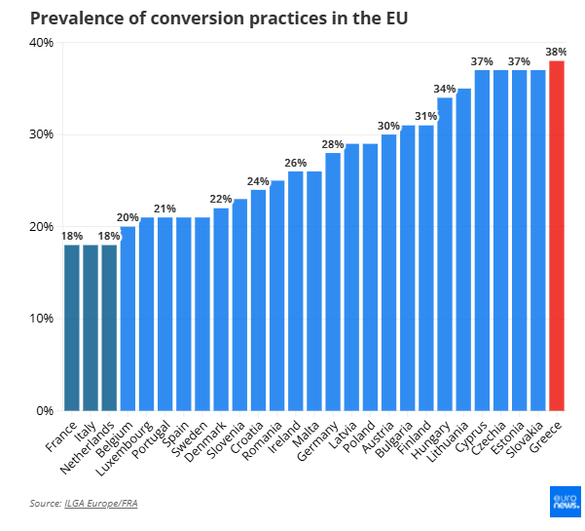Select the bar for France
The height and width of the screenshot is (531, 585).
coord(72,327)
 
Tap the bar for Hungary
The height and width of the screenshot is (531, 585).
coord(445,254)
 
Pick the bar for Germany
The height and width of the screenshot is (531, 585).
coord(333,282)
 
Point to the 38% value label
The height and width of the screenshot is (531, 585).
coord(557,52)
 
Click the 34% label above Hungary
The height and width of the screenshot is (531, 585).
coord(445,89)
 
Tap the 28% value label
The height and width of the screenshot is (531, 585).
coord(333,144)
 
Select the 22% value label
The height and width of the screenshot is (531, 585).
coord(221,200)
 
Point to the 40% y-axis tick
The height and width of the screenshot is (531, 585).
coord(41,43)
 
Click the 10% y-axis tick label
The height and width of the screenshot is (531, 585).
coord(41,319)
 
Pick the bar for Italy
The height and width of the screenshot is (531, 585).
coord(91,327)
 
